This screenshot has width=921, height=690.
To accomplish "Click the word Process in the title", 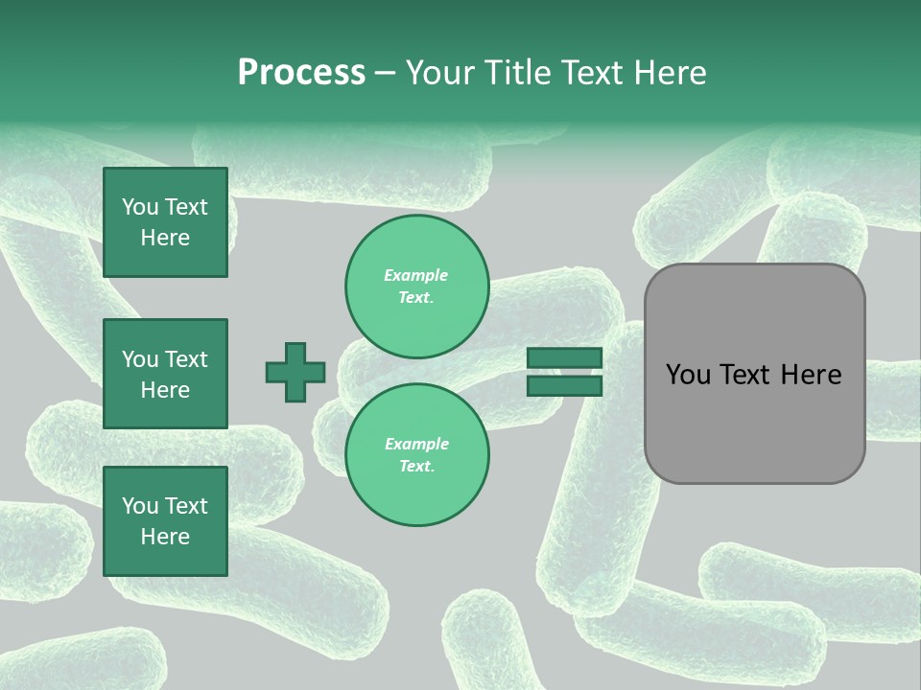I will click(301, 73).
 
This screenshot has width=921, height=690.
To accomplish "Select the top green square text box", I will click(165, 222).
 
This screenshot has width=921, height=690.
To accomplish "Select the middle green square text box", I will click(165, 374).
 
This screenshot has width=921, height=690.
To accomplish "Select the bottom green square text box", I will click(165, 521).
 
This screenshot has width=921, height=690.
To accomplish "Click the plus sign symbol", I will click(295, 373).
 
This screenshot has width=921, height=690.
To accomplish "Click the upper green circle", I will click(416, 287).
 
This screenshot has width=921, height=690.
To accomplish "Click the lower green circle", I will click(416, 455).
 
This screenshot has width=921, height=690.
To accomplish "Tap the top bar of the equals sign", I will click(564, 358).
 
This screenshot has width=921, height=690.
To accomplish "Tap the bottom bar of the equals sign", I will click(564, 386).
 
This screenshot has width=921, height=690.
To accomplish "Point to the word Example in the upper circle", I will click(416, 276).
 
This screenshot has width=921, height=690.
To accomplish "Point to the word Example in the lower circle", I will click(416, 445).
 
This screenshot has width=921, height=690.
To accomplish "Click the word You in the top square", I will click(140, 207).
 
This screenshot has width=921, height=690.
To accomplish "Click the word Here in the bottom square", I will click(165, 537).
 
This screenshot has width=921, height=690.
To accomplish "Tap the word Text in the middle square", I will click(186, 359).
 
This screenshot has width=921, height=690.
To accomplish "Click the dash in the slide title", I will click(386, 73).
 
